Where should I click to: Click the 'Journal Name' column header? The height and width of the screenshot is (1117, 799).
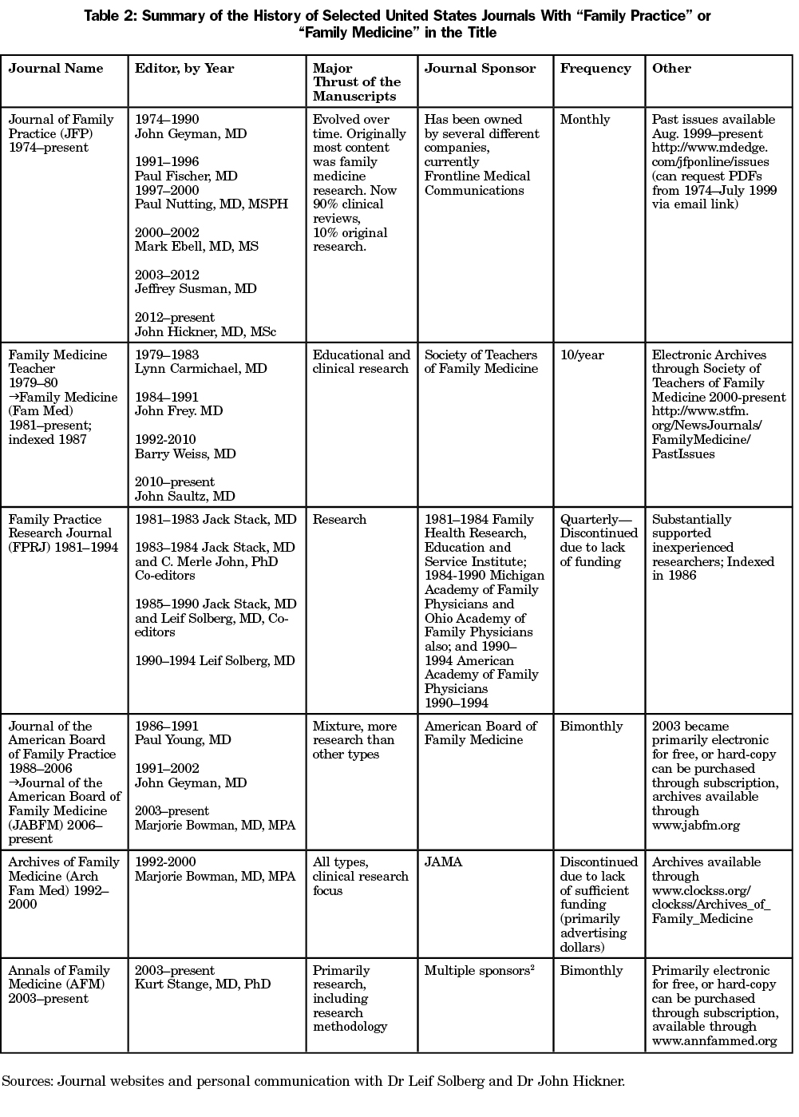(56, 69)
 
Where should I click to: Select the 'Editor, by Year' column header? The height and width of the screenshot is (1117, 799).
(184, 69)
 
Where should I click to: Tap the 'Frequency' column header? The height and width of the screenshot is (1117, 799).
(595, 69)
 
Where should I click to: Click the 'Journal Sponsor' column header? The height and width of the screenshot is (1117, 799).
(480, 69)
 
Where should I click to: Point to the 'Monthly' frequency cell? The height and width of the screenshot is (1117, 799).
(585, 120)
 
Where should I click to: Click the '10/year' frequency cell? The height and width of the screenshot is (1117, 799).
(582, 355)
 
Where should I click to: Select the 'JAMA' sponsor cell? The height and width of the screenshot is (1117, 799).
(443, 862)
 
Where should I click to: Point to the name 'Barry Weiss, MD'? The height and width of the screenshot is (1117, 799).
(185, 454)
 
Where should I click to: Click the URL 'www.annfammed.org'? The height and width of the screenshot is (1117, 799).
(714, 1041)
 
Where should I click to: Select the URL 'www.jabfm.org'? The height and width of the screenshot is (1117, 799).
(696, 826)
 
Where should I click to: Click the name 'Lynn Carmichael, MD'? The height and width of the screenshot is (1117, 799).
(201, 369)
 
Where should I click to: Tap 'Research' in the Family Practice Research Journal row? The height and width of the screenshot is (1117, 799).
(339, 520)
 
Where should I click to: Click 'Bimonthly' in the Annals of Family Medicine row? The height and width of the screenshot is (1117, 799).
(591, 971)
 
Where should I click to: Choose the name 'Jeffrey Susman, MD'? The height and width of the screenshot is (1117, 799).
(196, 289)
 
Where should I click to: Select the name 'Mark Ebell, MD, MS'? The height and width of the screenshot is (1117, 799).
(196, 247)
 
